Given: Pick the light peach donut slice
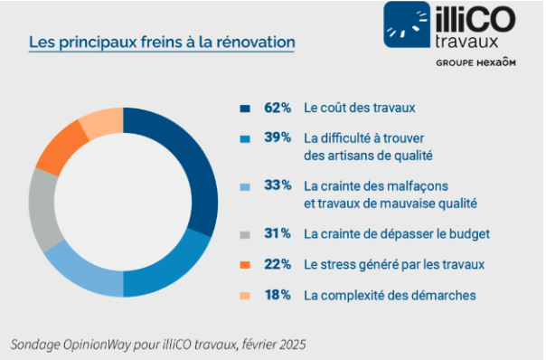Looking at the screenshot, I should pos(101,121).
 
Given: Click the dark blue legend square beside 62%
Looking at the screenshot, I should pos(245,109).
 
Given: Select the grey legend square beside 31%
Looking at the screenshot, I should pos(245,234).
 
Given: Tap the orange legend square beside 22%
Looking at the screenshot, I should pos(245,265).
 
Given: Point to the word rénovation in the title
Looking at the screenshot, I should pos(256,43).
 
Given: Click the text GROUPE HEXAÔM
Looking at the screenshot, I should pos(475,62).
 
